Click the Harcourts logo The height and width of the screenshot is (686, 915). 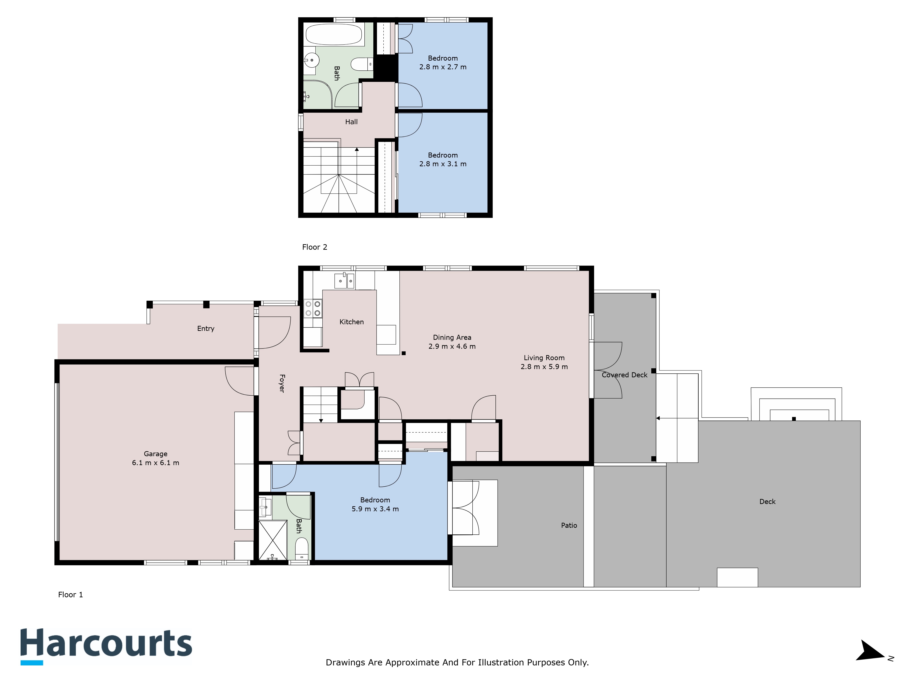pyautogui.click(x=106, y=646)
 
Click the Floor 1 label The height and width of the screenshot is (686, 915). pyautogui.click(x=70, y=595)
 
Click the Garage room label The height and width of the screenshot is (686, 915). pyautogui.click(x=156, y=454)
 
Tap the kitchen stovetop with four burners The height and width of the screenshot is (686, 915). pyautogui.click(x=313, y=308)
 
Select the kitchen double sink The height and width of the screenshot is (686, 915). pyautogui.click(x=344, y=281)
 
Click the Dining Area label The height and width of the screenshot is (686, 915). pyautogui.click(x=452, y=338)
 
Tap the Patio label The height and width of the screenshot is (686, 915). pyautogui.click(x=569, y=525)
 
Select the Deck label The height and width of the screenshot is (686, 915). pyautogui.click(x=767, y=501)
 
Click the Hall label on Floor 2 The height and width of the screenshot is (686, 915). pyautogui.click(x=351, y=122)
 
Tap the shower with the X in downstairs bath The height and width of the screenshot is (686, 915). pyautogui.click(x=273, y=540)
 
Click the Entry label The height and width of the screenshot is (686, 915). pyautogui.click(x=206, y=329)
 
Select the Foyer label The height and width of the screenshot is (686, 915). pyautogui.click(x=282, y=383)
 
